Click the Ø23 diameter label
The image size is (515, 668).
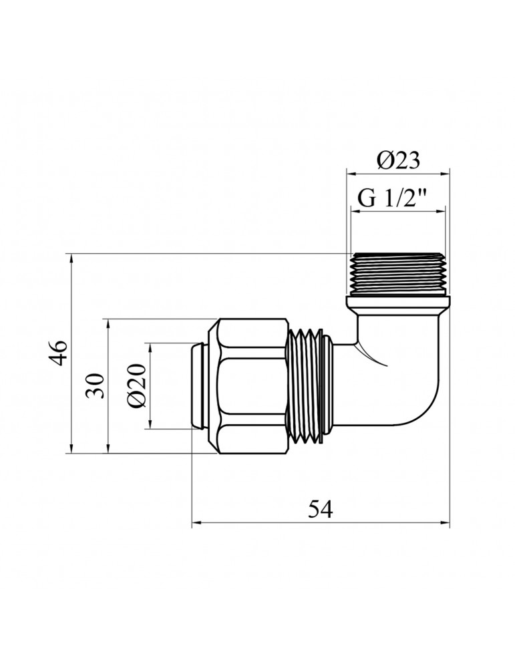(x=397, y=160)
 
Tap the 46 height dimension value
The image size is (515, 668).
(x=59, y=352)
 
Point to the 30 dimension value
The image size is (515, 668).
(x=98, y=385)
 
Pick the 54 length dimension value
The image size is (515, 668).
(x=321, y=509)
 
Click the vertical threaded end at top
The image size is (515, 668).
(x=397, y=274)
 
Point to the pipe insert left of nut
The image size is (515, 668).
(x=200, y=385)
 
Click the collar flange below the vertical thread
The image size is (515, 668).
(x=397, y=304)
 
